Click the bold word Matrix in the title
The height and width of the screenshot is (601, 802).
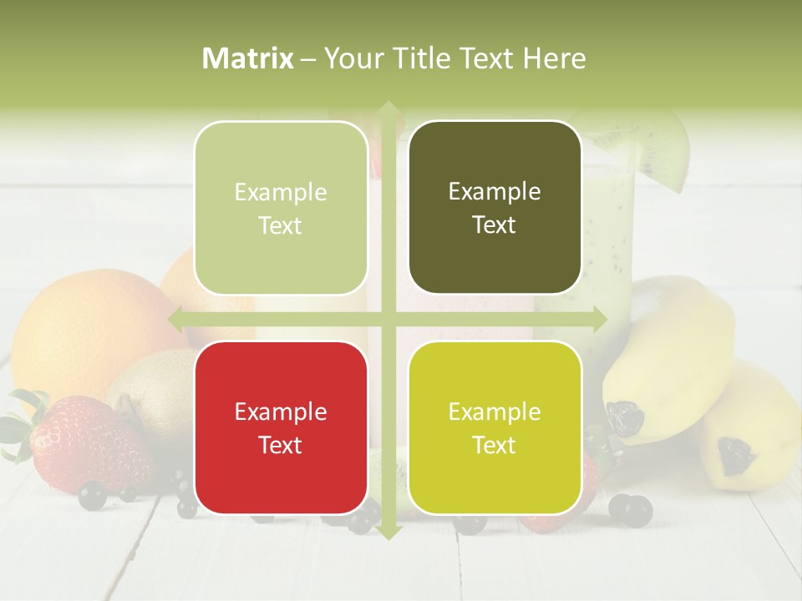click(x=247, y=58)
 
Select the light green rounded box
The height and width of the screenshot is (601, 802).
click(x=281, y=208)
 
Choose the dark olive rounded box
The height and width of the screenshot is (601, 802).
click(x=495, y=208)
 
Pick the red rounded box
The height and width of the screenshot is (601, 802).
click(x=281, y=427)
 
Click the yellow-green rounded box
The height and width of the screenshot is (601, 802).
click(x=495, y=427)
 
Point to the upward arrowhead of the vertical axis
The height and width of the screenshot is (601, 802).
click(x=387, y=109)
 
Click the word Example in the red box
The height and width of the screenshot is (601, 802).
click(x=281, y=412)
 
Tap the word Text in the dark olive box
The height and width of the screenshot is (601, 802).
click(x=495, y=225)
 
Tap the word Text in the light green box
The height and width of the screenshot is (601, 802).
click(x=281, y=225)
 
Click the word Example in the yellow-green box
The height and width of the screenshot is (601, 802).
click(x=495, y=412)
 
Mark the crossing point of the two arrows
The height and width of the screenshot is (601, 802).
click(x=387, y=319)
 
